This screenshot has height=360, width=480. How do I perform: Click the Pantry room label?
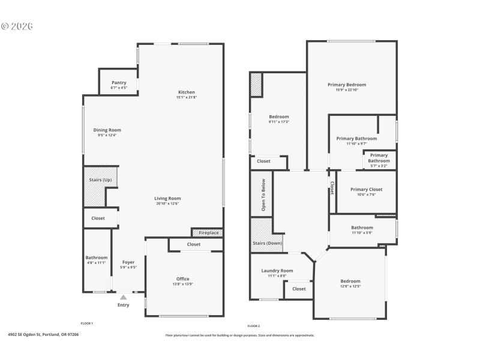[x=119, y=83]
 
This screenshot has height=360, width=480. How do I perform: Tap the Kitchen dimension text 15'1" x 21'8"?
[x=186, y=97]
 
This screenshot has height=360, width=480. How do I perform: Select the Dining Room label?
[x=107, y=130]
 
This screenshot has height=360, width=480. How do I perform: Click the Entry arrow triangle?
[x=123, y=297]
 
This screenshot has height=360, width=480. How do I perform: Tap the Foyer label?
[x=128, y=262]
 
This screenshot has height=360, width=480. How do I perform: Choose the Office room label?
[x=183, y=279]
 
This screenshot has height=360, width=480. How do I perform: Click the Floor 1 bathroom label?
[x=96, y=257]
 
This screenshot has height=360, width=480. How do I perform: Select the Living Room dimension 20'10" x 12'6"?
[x=167, y=203]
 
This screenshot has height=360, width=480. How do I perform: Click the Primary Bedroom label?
[x=347, y=85]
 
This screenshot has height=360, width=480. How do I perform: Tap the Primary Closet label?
[x=366, y=190]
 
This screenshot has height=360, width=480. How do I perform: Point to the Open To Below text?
[x=263, y=194]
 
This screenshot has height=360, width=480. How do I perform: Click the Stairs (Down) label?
[x=266, y=243]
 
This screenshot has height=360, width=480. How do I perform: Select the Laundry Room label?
[x=277, y=271]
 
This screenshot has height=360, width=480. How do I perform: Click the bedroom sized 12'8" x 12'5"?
[x=350, y=281]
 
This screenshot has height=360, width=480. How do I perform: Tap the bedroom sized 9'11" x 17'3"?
[x=279, y=116]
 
